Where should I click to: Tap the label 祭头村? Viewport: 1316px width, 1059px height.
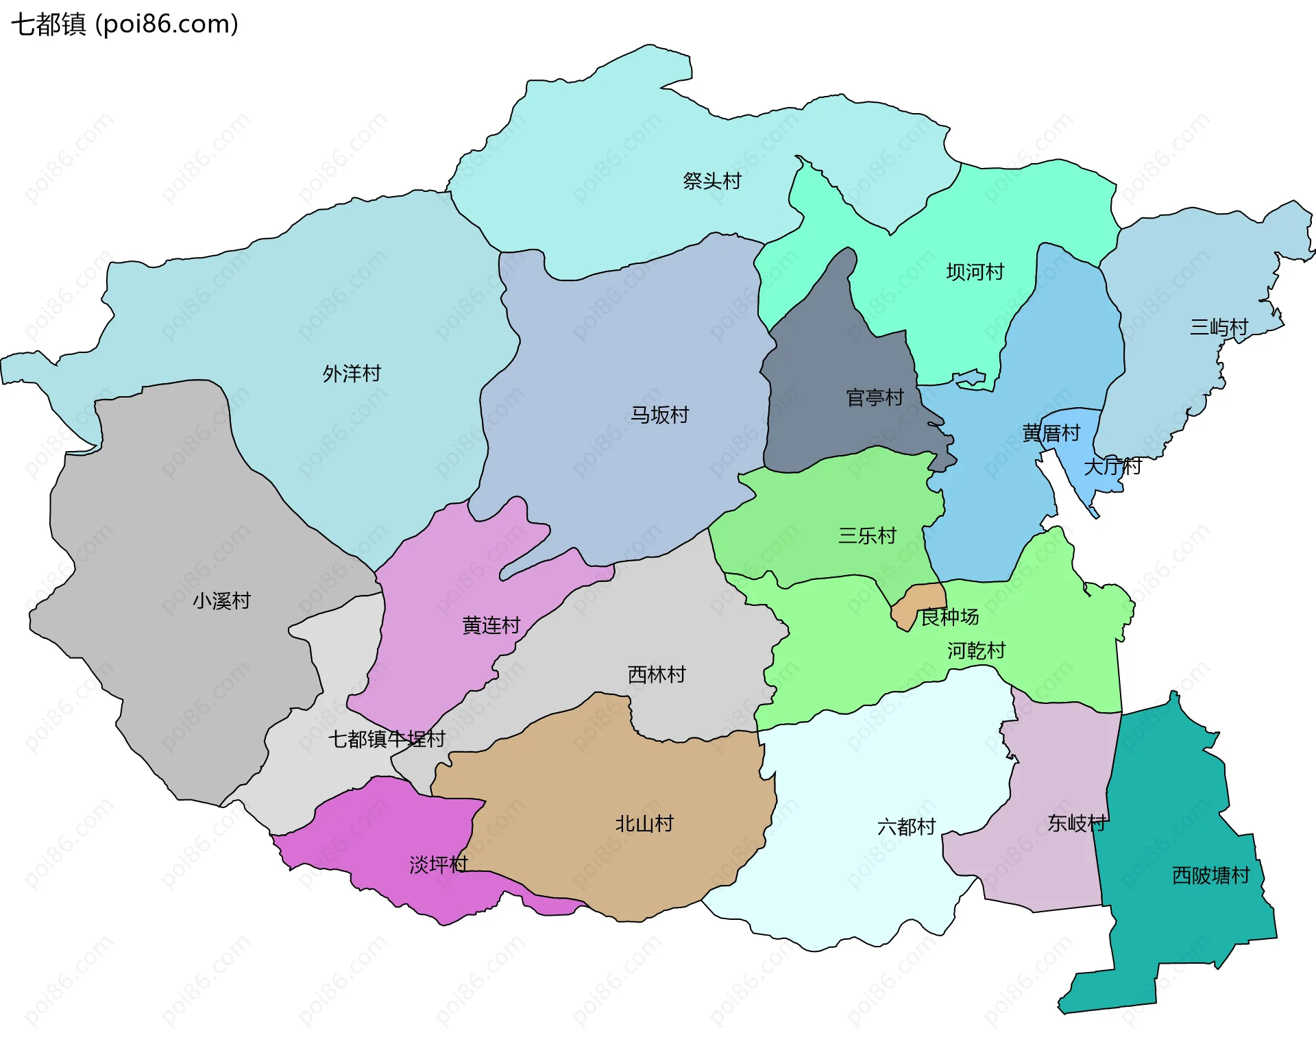point(712,181)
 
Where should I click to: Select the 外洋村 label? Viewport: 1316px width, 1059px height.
point(352,374)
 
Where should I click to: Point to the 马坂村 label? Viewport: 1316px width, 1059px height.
point(659,415)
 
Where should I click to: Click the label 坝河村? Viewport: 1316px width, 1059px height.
point(975,272)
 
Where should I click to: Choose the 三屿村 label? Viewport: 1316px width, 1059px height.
point(1219,327)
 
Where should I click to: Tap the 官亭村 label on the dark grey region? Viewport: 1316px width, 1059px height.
point(875,398)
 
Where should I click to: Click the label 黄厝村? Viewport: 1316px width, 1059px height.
point(1051,433)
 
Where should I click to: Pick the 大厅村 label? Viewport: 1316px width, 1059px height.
point(1112,467)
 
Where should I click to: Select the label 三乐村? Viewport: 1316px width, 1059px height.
point(867,535)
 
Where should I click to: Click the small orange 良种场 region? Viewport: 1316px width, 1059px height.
point(918,600)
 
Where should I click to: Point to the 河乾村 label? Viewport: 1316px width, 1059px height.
point(976,650)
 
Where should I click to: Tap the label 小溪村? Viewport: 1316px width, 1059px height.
point(221,601)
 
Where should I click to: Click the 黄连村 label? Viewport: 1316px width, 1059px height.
point(491,625)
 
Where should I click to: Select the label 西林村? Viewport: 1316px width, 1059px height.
point(657,674)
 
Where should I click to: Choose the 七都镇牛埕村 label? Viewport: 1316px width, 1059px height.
point(387,739)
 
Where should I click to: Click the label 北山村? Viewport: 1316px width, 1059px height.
point(644,823)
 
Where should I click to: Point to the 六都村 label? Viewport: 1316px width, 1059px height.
point(906,827)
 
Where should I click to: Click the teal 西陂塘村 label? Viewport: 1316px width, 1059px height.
point(1210,875)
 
